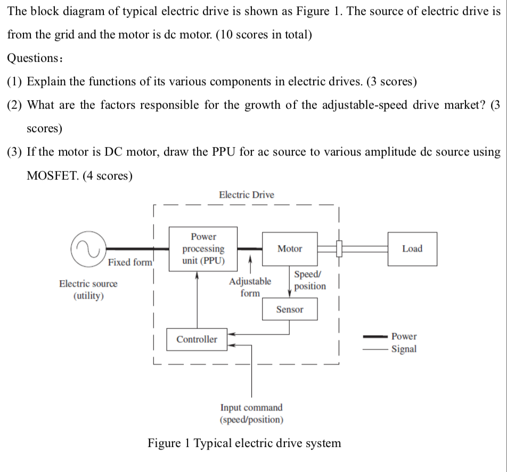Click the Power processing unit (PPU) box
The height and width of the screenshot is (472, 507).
pos(203,248)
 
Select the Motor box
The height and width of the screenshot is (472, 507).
pos(290,249)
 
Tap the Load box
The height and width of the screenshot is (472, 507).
pos(412,249)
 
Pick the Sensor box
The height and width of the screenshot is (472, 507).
pos(290,310)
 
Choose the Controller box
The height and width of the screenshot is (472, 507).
pos(197,339)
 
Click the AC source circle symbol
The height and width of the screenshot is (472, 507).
pos(88,249)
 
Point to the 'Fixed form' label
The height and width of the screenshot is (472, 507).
pos(130,262)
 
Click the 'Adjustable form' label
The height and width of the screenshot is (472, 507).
pos(250,287)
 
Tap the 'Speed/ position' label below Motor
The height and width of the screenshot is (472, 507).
pos(309,280)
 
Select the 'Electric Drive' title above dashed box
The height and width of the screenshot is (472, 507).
pos(247,195)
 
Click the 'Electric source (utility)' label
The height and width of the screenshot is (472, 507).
pos(88,290)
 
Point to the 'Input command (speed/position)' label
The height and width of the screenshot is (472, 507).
pos(251,413)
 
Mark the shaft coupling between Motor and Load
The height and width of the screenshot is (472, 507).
pos(338,248)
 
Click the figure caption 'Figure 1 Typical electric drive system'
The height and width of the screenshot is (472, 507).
pos(244,443)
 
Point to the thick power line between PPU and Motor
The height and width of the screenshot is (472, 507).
pos(249,249)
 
